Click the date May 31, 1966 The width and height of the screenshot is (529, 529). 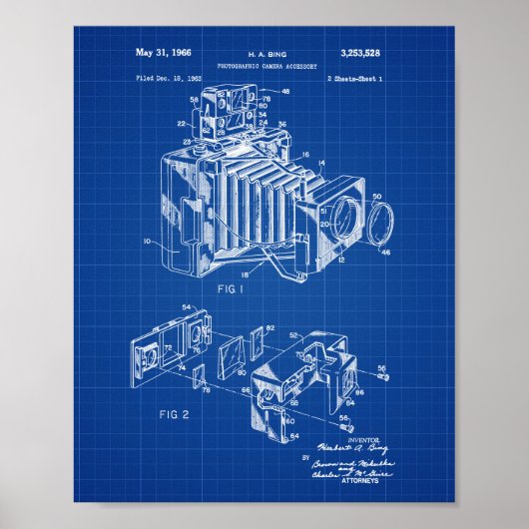(x=165, y=51)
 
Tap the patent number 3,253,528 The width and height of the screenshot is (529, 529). (x=366, y=51)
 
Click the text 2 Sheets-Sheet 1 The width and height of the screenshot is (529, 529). (x=361, y=76)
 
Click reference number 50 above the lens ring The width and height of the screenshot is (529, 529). (x=375, y=198)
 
